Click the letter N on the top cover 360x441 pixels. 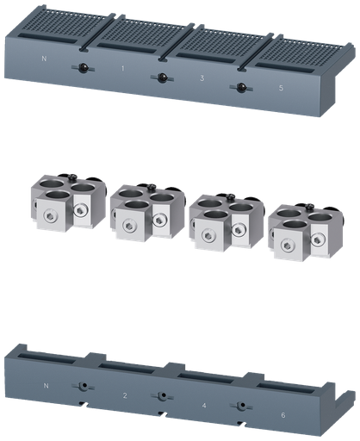[44, 59]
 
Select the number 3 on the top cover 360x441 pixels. [202, 78]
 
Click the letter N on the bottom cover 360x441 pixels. [44, 385]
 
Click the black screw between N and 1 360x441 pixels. [83, 69]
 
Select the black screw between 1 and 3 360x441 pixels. [161, 78]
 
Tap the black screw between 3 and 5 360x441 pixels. [241, 88]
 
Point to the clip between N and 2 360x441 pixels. [84, 387]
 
